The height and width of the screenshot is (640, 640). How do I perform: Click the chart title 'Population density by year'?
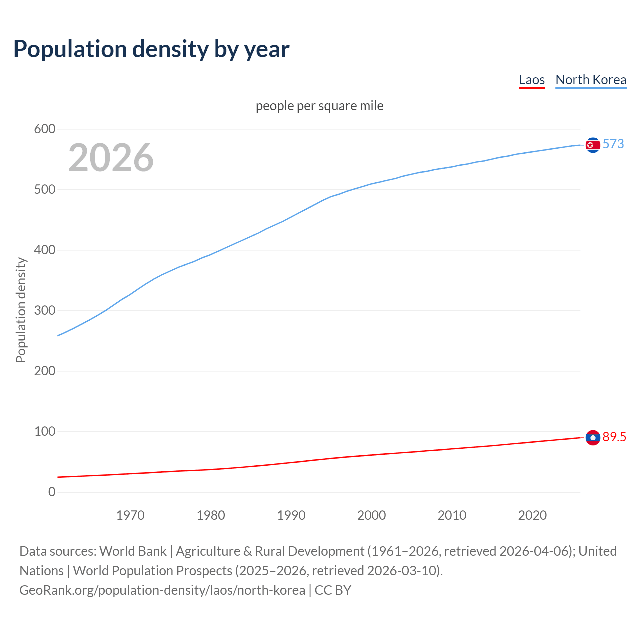pyautogui.click(x=151, y=49)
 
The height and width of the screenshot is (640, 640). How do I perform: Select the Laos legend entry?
pyautogui.click(x=532, y=80)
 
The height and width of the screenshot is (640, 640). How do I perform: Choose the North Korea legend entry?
pyautogui.click(x=591, y=80)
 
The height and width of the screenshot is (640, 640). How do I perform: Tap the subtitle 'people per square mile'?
pyautogui.click(x=320, y=106)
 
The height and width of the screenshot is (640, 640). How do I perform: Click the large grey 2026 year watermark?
pyautogui.click(x=111, y=158)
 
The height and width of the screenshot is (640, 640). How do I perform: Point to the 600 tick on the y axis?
pyautogui.click(x=44, y=129)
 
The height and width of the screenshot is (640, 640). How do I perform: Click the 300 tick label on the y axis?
pyautogui.click(x=44, y=311)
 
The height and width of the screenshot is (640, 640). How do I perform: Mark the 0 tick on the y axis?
pyautogui.click(x=52, y=492)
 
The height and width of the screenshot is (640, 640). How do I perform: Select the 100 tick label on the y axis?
pyautogui.click(x=44, y=432)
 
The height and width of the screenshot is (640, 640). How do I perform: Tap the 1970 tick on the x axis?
pyautogui.click(x=130, y=515)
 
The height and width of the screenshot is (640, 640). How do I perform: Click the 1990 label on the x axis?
pyautogui.click(x=291, y=515)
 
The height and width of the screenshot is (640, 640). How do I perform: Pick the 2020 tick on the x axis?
pyautogui.click(x=532, y=515)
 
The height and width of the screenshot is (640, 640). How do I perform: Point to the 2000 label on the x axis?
pyautogui.click(x=371, y=515)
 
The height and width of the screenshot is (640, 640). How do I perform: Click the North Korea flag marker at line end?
pyautogui.click(x=593, y=145)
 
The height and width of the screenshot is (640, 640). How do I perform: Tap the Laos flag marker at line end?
pyautogui.click(x=593, y=438)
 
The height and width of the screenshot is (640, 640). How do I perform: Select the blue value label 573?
pyautogui.click(x=613, y=144)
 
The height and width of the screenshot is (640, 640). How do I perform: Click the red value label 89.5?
pyautogui.click(x=614, y=437)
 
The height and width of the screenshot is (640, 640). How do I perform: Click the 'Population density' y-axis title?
pyautogui.click(x=21, y=310)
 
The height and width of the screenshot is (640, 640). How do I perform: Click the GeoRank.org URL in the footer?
pyautogui.click(x=162, y=590)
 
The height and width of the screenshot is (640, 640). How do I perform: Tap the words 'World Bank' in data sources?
pyautogui.click(x=133, y=551)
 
